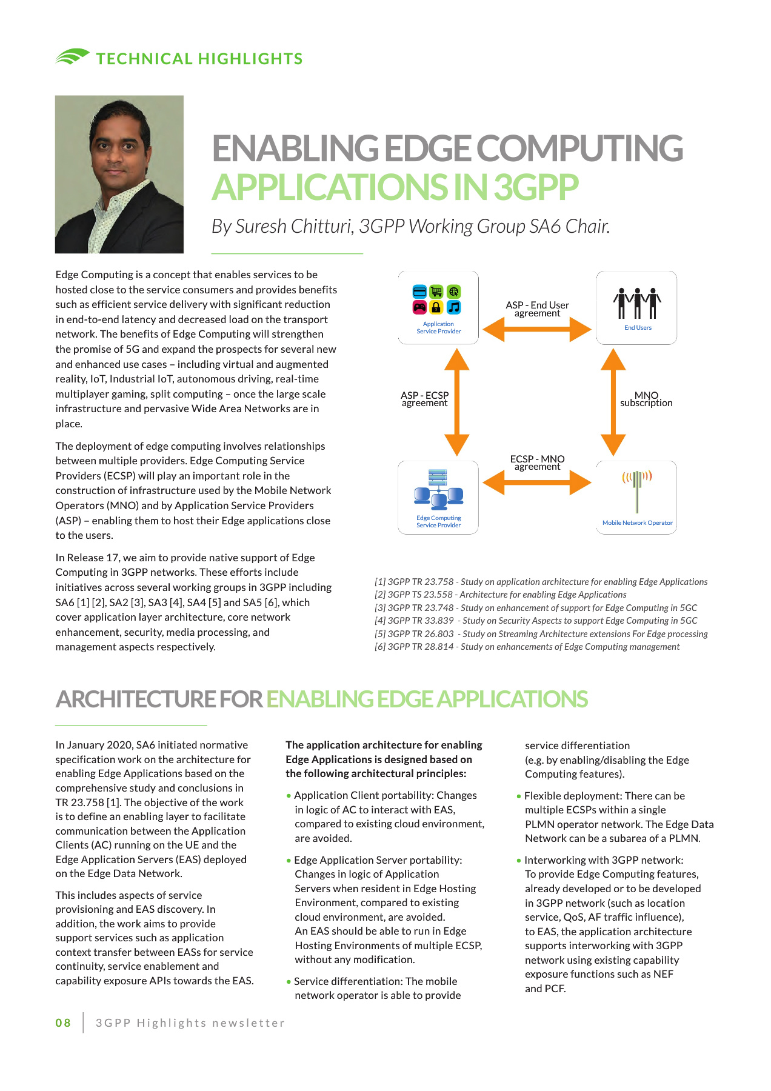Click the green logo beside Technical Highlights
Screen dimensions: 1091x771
click(72, 57)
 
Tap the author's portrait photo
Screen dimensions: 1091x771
click(119, 174)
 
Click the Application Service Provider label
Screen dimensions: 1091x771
click(438, 328)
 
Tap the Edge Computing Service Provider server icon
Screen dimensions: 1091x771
click(438, 489)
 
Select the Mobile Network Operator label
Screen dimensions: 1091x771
click(637, 522)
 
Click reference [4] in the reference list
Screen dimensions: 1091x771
click(536, 621)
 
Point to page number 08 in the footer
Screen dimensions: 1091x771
click(63, 1023)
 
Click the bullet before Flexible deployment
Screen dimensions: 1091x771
click(519, 796)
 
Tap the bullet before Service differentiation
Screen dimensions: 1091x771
click(289, 982)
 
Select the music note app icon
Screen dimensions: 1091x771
click(453, 307)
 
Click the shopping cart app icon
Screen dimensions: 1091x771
click(436, 292)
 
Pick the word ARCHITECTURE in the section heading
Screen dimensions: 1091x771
click(135, 699)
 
